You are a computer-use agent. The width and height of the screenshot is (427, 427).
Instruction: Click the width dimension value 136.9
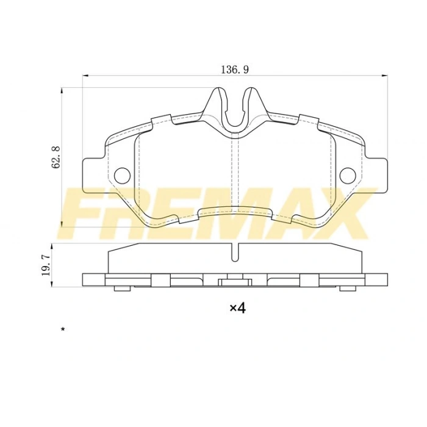pos(234,70)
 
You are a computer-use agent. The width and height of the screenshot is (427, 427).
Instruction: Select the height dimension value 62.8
pos(57,157)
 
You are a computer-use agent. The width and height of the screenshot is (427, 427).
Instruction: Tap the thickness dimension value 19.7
pos(45,266)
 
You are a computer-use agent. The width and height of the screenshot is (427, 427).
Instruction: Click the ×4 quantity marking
pos(237,308)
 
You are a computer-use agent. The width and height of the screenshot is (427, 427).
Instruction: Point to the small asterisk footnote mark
pos(62,329)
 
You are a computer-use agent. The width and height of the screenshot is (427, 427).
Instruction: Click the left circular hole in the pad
pos(122,175)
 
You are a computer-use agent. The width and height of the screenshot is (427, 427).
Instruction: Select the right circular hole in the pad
pos(348,175)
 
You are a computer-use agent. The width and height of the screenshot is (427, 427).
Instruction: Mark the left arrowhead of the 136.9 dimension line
pos(86,76)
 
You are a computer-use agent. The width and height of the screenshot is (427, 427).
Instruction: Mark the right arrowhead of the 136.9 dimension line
pos(384,76)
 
